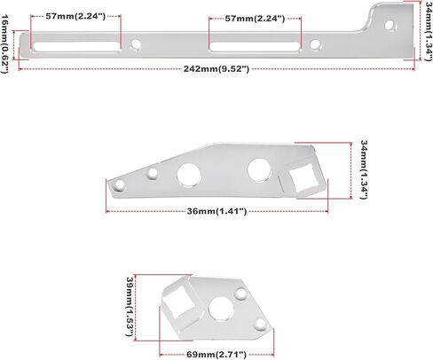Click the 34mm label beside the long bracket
point(427,30)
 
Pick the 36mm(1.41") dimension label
point(216,211)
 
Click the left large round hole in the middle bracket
point(191,175)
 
